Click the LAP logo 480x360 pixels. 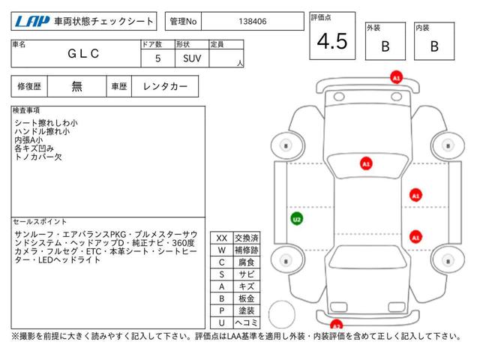[x=32, y=22]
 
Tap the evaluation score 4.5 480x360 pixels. [x=331, y=42]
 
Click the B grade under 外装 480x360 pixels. [x=385, y=46]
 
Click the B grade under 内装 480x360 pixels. [x=433, y=46]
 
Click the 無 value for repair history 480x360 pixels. [x=77, y=87]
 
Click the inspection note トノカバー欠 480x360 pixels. [x=40, y=158]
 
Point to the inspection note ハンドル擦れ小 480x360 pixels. [x=41, y=131]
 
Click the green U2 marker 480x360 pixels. [x=297, y=219]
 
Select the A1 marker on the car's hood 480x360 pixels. [x=366, y=163]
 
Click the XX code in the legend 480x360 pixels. [x=221, y=238]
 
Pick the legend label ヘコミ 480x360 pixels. [x=246, y=322]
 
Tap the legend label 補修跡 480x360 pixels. [x=246, y=250]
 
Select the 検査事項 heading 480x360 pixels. [x=27, y=110]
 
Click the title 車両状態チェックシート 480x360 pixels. [x=104, y=22]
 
